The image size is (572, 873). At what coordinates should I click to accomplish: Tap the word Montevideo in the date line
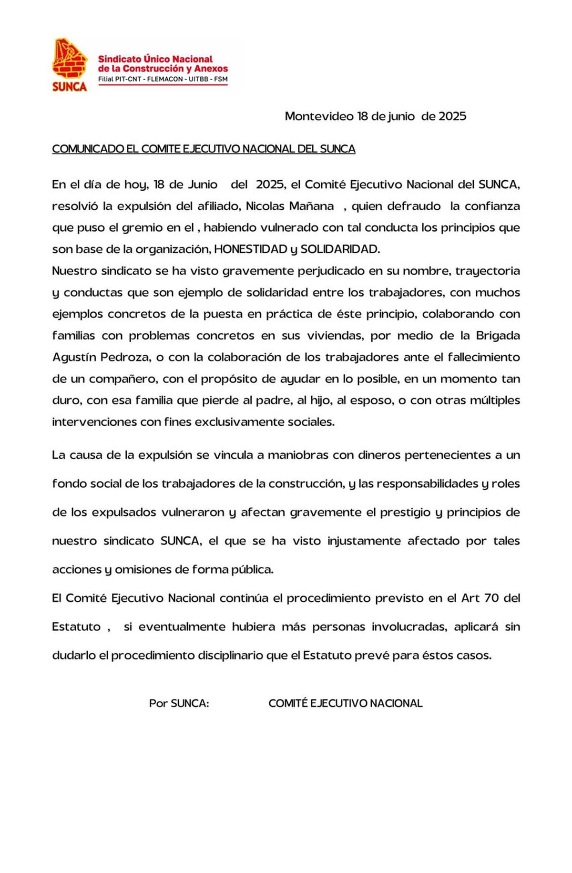coord(319,116)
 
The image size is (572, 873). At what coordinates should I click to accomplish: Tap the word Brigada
coord(498,336)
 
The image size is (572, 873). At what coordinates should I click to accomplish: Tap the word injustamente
coord(364,541)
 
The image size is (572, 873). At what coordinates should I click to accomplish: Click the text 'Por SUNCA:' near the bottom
coord(179,703)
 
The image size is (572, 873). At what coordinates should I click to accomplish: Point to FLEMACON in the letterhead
coord(165,79)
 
